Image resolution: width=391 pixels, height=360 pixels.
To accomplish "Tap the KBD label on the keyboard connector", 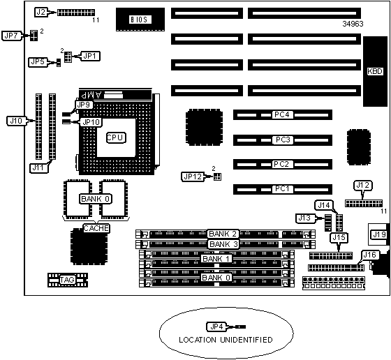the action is [375, 71].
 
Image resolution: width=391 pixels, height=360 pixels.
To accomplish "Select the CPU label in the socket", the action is [116, 137].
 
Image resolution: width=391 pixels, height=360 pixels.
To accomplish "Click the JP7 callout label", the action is [11, 36].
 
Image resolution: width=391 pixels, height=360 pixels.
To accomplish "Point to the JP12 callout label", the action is [192, 177].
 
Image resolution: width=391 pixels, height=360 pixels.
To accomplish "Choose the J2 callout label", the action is [41, 12].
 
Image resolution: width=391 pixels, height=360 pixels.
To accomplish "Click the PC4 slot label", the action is [281, 114].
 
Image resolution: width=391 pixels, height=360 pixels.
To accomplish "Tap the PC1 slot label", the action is [282, 189].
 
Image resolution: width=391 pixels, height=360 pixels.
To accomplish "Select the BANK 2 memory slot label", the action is [223, 234].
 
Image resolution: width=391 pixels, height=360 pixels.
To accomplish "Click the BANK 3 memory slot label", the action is [223, 244].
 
